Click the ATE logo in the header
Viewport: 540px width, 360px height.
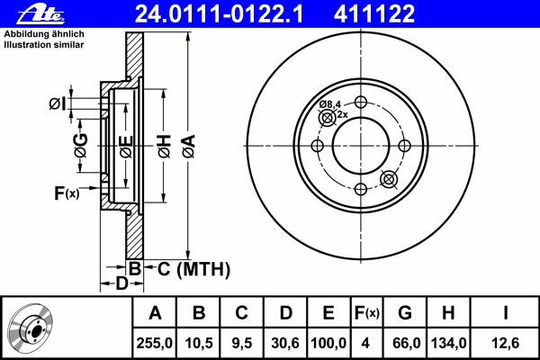point(40,14)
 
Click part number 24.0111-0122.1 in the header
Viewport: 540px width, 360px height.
point(219,13)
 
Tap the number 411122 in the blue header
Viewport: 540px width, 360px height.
point(374,13)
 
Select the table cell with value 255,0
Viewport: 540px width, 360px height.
point(154,343)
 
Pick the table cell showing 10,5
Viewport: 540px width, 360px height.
point(198,343)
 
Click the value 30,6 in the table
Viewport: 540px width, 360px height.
point(285,343)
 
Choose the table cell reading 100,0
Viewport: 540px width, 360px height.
point(328,343)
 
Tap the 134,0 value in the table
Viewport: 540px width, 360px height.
point(448,343)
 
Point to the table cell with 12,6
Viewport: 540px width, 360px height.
point(505,343)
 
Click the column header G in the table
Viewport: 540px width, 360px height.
point(405,313)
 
